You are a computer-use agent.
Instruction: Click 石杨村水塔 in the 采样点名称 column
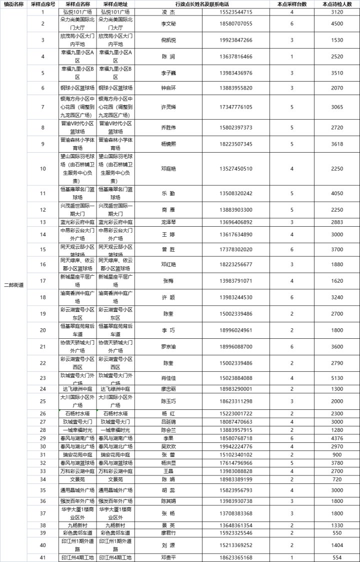77,413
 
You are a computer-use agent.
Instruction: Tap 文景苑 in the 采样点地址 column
115,479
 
